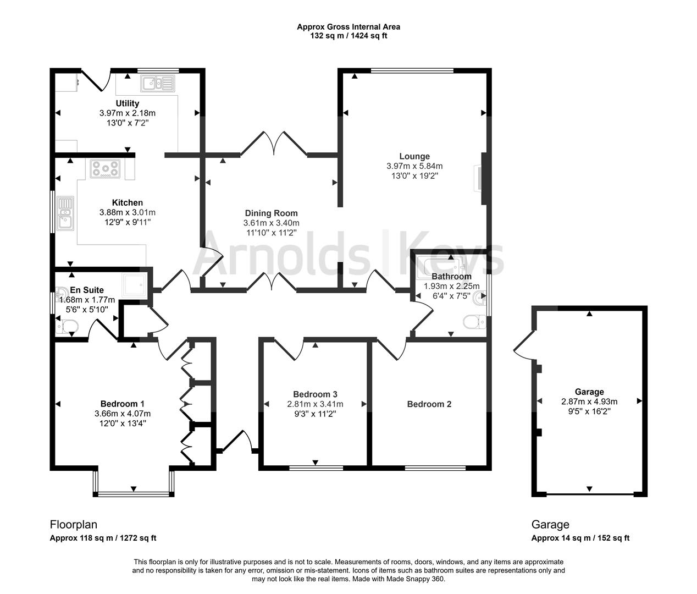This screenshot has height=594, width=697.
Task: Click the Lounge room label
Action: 414,156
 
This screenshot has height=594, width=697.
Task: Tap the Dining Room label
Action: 271,213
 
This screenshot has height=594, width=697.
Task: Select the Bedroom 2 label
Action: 429,404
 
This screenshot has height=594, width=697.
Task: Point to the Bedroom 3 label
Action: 315,394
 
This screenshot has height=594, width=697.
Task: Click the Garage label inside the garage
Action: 589,392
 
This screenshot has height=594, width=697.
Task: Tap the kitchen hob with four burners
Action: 105,169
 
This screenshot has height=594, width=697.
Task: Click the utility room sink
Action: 157,84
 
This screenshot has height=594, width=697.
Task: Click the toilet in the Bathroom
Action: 473,322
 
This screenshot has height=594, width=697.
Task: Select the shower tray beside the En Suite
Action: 135,284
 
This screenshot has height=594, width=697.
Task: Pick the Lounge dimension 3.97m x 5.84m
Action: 414,166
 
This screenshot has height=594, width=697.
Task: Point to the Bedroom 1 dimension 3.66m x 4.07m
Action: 123,414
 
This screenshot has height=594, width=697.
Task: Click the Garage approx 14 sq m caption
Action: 580,538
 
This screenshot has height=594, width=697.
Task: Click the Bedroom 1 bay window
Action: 134,493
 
